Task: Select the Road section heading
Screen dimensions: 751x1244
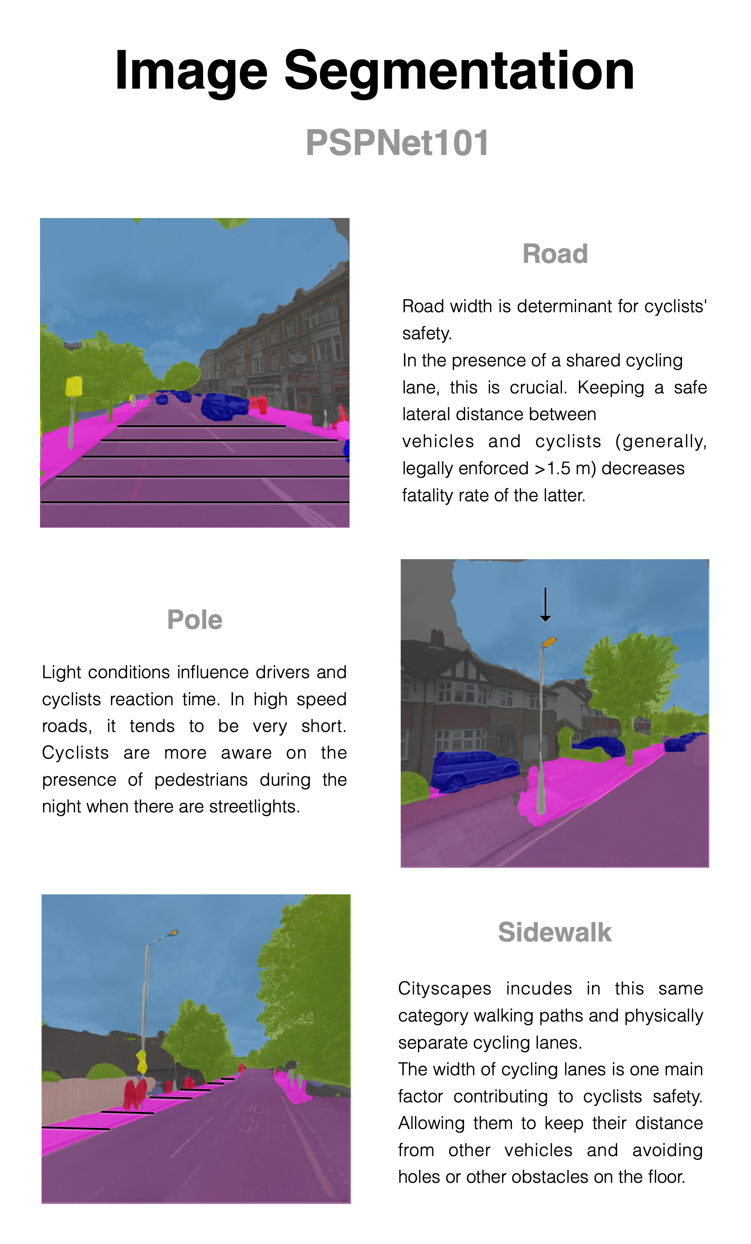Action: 555,254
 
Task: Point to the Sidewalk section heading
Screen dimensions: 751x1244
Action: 554,932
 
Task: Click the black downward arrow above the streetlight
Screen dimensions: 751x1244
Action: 545,605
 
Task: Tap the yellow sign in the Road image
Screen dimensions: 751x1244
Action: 74,386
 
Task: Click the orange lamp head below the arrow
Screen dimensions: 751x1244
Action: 549,642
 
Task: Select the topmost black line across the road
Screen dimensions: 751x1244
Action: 201,426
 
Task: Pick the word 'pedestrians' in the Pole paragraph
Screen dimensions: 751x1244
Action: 201,779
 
